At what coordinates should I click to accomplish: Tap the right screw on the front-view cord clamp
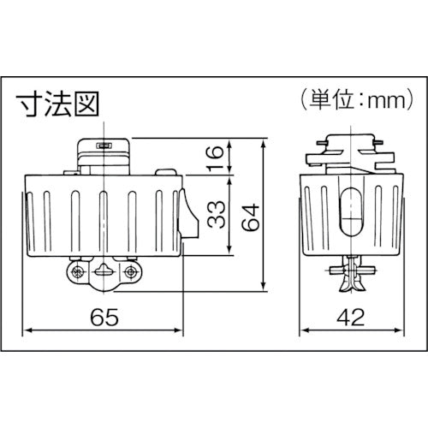(x=130, y=272)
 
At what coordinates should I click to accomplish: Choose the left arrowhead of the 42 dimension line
(x=300, y=329)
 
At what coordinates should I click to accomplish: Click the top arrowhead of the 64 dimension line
(x=261, y=140)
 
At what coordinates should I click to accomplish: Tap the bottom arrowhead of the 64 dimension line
(x=261, y=284)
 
